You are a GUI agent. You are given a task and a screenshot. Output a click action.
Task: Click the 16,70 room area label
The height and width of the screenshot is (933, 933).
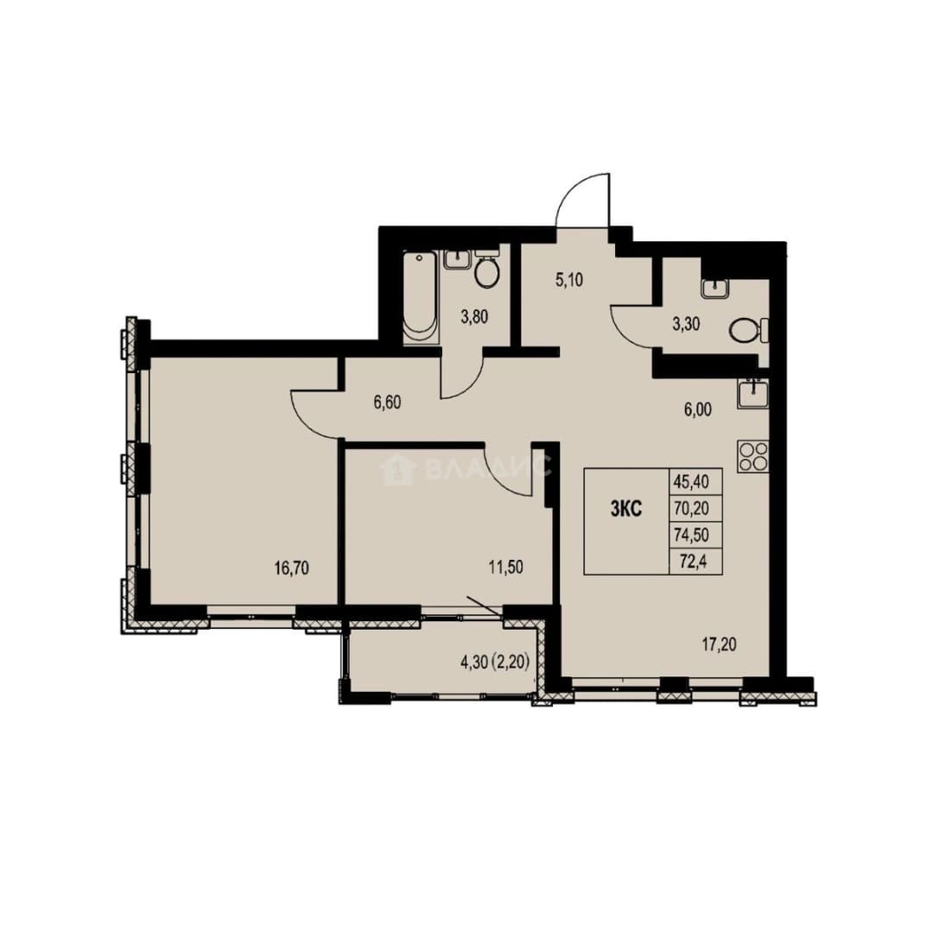pyautogui.click(x=292, y=568)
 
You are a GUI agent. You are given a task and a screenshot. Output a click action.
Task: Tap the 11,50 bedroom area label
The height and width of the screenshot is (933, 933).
pyautogui.click(x=505, y=567)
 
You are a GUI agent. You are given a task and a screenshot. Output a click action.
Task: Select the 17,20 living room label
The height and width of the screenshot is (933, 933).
pyautogui.click(x=719, y=644)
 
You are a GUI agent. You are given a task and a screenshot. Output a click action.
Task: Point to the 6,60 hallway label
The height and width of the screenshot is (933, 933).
pyautogui.click(x=387, y=403)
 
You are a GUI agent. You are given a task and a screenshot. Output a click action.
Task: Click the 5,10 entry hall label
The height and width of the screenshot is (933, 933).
pyautogui.click(x=568, y=280)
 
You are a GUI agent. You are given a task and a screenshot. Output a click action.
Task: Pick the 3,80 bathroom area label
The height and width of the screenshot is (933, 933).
pyautogui.click(x=474, y=316)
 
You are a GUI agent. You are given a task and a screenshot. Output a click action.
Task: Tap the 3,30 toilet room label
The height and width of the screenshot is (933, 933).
pyautogui.click(x=685, y=324)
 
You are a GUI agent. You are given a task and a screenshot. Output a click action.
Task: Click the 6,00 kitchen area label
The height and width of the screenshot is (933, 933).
pyautogui.click(x=697, y=409)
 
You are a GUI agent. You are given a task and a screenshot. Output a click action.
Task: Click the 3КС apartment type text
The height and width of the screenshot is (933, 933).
pyautogui.click(x=626, y=509)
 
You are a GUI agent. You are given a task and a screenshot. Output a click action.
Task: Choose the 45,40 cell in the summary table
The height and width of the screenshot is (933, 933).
pyautogui.click(x=691, y=481)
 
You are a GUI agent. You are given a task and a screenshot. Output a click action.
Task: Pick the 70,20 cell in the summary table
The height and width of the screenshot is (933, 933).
pyautogui.click(x=691, y=509)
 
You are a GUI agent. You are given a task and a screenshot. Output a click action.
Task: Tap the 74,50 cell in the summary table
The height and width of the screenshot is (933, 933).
pyautogui.click(x=691, y=535)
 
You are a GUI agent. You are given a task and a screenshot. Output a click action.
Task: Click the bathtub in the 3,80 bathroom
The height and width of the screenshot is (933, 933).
pyautogui.click(x=421, y=297)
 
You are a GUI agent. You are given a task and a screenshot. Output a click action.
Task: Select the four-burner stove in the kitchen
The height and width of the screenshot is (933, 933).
pyautogui.click(x=752, y=456)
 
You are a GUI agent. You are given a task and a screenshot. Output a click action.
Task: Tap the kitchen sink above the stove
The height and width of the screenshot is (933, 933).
pyautogui.click(x=752, y=393)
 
